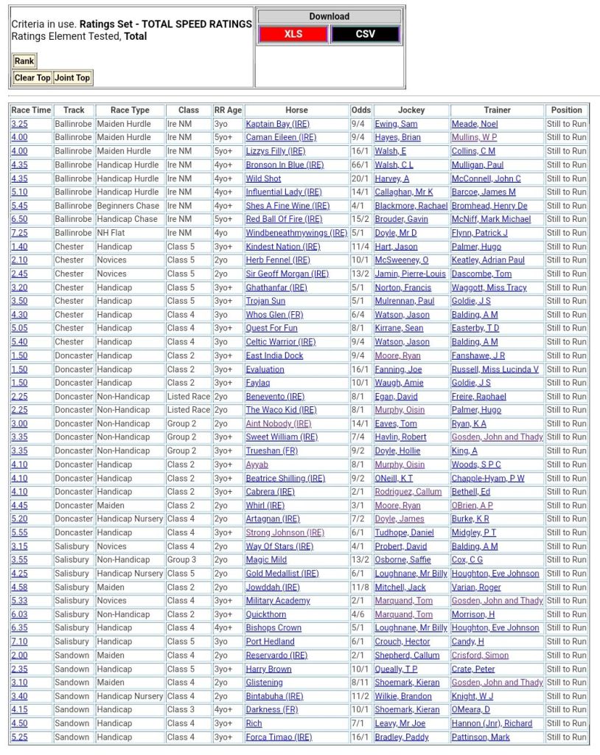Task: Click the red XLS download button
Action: click(x=293, y=34)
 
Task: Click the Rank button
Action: click(x=24, y=61)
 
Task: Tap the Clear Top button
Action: click(x=32, y=77)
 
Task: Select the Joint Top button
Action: click(x=72, y=77)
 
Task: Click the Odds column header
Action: click(x=361, y=110)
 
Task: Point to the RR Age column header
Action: click(x=228, y=110)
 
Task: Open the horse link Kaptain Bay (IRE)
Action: click(x=278, y=124)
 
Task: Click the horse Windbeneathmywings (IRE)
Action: click(x=296, y=233)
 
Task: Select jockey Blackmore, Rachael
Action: click(x=411, y=206)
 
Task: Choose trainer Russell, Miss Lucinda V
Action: click(x=495, y=369)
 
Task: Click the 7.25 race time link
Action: click(x=19, y=233)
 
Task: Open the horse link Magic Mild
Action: click(x=266, y=560)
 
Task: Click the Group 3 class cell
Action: click(x=181, y=560)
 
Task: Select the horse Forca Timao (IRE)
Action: click(x=279, y=737)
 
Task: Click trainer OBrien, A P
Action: click(x=472, y=505)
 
